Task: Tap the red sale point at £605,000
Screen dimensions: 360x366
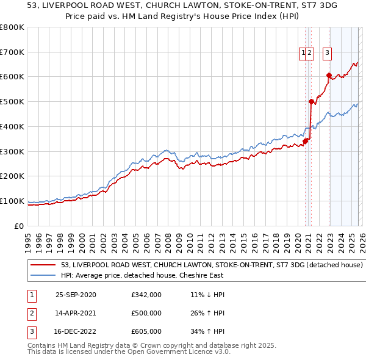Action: coord(329,76)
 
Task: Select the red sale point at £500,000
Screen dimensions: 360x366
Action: coord(311,102)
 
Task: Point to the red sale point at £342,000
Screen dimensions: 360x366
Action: coord(305,141)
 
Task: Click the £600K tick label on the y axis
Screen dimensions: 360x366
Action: coord(12,77)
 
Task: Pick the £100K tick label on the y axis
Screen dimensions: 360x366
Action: coord(12,201)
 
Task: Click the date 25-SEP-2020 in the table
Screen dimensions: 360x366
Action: coord(76,295)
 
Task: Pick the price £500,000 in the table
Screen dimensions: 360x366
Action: coord(146,313)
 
